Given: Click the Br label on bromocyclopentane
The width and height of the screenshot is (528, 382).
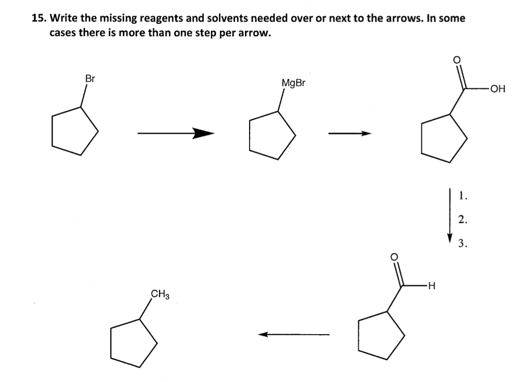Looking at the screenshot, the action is coord(90,79).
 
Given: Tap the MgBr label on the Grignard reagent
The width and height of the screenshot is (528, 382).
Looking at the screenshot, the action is coord(293,82).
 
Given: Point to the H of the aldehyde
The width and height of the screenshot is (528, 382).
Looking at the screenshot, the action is coord(432,285).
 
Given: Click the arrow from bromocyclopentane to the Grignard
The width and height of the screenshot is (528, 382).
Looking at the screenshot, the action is coord(175,134).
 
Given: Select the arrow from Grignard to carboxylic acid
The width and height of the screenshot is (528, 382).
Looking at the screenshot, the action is coord(350,134).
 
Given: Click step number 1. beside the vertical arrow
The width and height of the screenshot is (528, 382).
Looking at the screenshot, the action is coord(463,195).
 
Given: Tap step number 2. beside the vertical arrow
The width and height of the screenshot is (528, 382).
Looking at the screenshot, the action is coord(463,220).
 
